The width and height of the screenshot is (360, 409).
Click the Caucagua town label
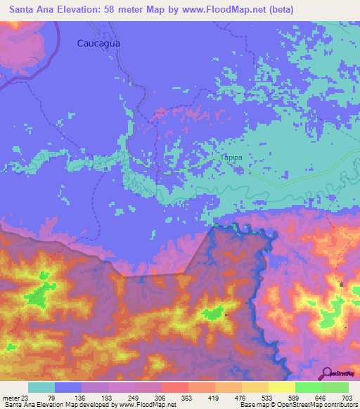(x=98, y=43)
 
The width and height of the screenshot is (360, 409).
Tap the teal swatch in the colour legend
(x=41, y=387)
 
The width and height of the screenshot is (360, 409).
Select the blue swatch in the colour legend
(x=68, y=387)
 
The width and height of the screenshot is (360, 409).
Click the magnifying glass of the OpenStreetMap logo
(x=326, y=373)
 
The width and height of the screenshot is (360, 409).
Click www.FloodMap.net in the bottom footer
(x=148, y=405)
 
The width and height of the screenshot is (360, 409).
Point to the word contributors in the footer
(x=340, y=405)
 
